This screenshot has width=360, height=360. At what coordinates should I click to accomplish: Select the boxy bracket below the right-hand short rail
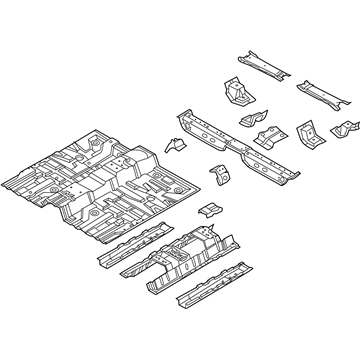(x=307, y=135)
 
